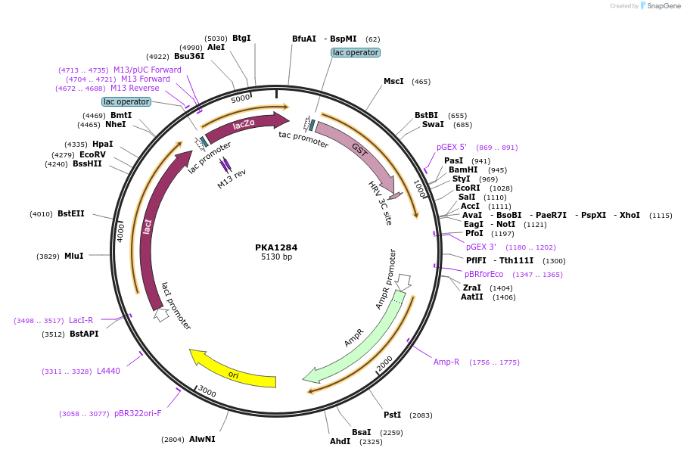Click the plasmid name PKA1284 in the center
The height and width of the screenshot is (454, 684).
click(276, 247)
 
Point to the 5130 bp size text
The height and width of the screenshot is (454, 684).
click(276, 257)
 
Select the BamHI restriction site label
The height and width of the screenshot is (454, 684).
click(462, 170)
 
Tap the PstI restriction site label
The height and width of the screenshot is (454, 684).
click(392, 415)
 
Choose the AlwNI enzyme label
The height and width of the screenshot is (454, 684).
click(202, 439)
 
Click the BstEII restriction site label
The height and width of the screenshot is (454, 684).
click(71, 214)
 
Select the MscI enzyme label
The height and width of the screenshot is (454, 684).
click(393, 81)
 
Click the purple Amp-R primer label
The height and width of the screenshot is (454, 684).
click(446, 362)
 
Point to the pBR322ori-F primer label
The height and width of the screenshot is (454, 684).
click(138, 414)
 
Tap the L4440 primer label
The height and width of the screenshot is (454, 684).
click(108, 371)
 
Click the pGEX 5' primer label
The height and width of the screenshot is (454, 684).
click(452, 147)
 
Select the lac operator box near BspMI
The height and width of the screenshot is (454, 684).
click(356, 52)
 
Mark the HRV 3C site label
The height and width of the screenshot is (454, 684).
click(380, 203)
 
